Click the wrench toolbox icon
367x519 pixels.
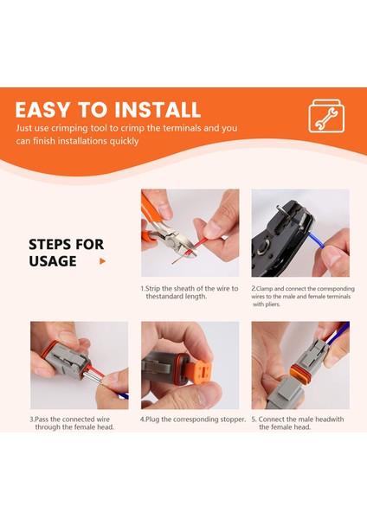(x=326, y=116)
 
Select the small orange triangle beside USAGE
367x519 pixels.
(x=102, y=261)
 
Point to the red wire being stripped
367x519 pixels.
(x=196, y=246)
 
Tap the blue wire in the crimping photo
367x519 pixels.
(x=316, y=240)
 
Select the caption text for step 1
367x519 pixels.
(x=190, y=292)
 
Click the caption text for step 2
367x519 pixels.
(x=303, y=296)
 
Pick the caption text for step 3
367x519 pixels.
(x=72, y=423)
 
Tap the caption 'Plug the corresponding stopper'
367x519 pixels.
(x=193, y=420)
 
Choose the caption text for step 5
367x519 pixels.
(x=298, y=423)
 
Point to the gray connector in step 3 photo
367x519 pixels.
(x=67, y=360)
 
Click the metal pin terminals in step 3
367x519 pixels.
(x=93, y=377)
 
